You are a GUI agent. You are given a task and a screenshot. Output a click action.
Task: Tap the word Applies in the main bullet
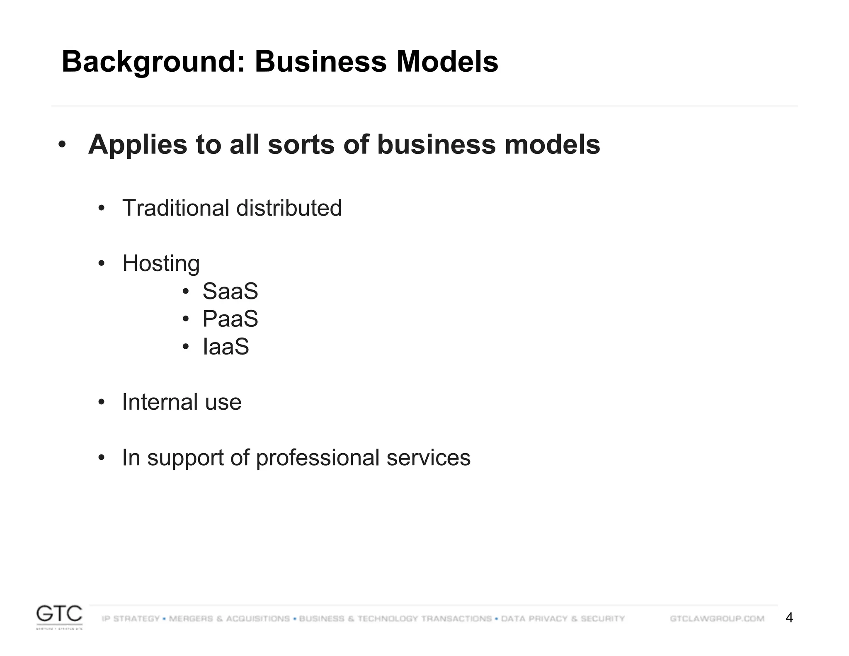138,145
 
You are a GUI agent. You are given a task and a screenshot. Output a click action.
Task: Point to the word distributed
289,208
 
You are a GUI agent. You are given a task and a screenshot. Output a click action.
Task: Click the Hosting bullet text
161,264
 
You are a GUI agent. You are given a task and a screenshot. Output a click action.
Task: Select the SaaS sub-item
230,291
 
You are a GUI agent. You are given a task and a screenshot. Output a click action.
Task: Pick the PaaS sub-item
230,319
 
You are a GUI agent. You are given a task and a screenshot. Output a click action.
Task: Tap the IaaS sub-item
226,347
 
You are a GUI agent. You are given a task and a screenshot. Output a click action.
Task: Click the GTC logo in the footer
59,616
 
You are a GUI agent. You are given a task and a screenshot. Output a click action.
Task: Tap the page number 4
789,618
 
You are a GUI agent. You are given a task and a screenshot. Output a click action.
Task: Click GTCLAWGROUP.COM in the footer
717,619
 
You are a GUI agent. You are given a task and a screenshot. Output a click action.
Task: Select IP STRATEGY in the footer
131,619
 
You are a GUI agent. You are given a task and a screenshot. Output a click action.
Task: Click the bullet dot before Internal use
102,402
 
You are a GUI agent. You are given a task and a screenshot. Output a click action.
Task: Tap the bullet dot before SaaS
186,292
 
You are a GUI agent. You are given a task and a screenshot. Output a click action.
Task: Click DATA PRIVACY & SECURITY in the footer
563,619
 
